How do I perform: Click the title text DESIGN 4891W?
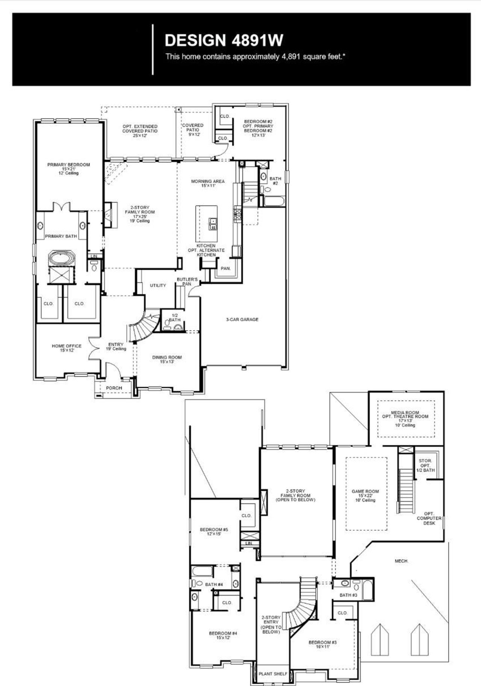(x=224, y=40)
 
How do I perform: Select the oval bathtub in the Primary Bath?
(x=62, y=258)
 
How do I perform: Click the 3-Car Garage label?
(x=242, y=320)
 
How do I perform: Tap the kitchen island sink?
(x=212, y=224)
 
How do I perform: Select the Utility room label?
(x=158, y=285)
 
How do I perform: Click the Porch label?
(x=114, y=388)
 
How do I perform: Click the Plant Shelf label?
(x=273, y=674)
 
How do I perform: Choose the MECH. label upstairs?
(x=401, y=561)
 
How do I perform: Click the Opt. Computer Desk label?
(x=429, y=518)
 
